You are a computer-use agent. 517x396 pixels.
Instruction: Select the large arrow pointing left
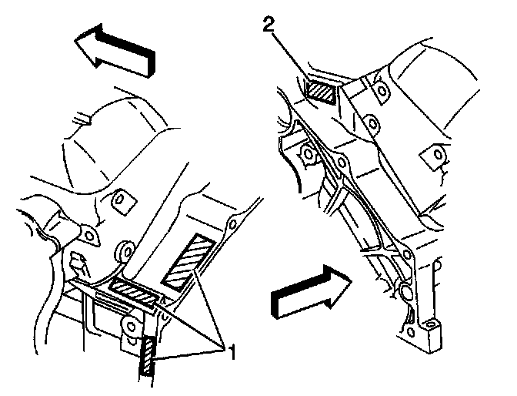pyautogui.click(x=115, y=49)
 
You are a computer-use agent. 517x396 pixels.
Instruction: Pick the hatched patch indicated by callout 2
pyautogui.click(x=320, y=92)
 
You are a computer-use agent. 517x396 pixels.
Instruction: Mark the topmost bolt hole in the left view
pyautogui.click(x=119, y=202)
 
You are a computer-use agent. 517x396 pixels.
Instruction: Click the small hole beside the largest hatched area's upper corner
pyautogui.click(x=228, y=228)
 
